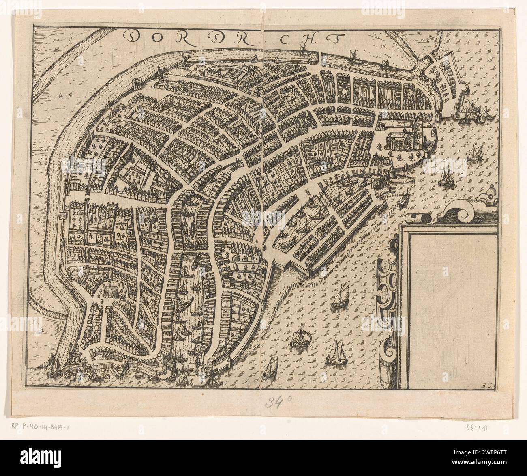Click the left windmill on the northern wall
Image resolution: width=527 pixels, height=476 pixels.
coord(159,73)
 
